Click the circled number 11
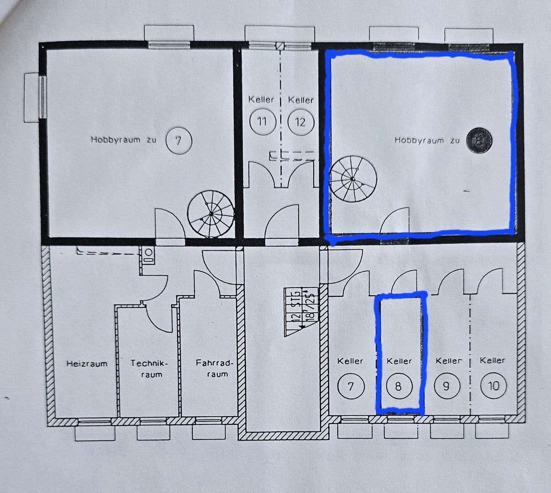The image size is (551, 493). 262,122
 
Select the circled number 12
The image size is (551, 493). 300,122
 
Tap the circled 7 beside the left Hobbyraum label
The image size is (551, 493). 178,140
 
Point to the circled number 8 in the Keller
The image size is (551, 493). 398,387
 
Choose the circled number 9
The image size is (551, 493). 446,387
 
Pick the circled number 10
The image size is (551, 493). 493,386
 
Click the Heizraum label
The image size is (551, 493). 87,364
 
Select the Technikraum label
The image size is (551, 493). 149,369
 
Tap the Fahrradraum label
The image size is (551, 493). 215,368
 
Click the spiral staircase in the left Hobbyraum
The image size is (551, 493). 211,214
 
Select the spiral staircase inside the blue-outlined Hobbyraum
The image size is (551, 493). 353,178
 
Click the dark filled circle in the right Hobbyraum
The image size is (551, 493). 479,140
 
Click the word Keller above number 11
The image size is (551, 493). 261,99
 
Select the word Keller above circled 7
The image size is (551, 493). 350,361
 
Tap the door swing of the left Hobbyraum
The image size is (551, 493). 169,222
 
